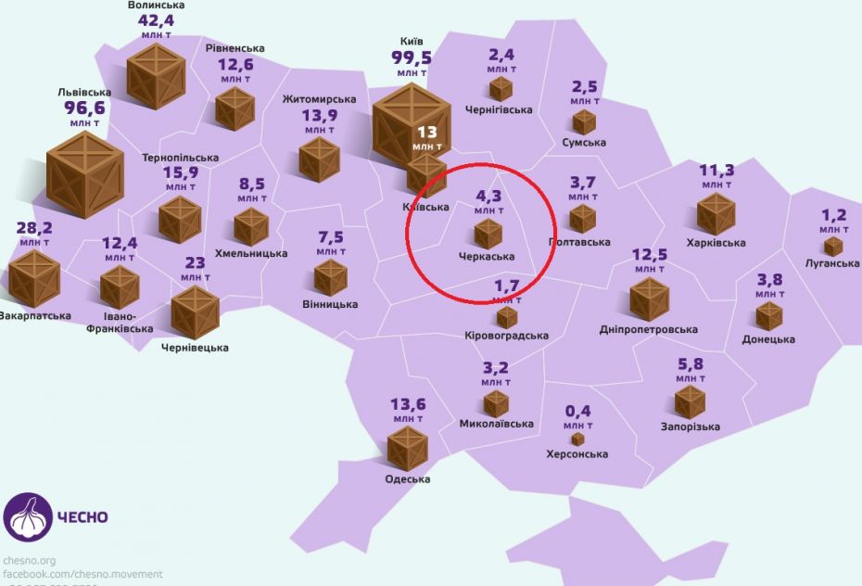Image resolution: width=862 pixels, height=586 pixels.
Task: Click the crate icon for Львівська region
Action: pos(85,173)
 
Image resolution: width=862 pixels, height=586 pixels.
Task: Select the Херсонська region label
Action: pos(577,454)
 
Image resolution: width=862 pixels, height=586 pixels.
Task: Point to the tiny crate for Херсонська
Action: pos(577,439)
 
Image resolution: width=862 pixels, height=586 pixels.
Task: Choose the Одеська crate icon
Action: pos(407,447)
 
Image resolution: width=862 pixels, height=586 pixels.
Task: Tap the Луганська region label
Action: pos(832,263)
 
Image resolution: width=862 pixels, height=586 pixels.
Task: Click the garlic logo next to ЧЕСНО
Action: pos(27,516)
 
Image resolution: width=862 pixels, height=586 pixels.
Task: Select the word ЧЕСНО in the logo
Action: pos(83,517)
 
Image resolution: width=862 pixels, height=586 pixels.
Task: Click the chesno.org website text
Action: pos(30,560)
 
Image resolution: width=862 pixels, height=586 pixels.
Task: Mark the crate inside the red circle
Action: pos(488,234)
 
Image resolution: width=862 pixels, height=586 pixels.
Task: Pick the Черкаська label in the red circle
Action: pos(487,256)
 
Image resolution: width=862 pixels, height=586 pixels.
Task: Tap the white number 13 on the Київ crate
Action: pos(427,132)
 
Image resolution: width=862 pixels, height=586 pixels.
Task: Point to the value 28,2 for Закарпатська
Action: pos(34,229)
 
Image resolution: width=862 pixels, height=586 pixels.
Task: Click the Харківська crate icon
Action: pos(716,214)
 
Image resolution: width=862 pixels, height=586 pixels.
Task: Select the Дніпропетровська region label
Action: pos(649,330)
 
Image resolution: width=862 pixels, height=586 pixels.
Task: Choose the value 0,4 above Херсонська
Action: pos(577,412)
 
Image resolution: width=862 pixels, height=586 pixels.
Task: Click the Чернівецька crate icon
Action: pos(195,312)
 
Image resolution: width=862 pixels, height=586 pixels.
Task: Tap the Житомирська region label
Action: pos(319,99)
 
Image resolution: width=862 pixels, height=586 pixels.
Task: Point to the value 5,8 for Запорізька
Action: pos(690,363)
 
